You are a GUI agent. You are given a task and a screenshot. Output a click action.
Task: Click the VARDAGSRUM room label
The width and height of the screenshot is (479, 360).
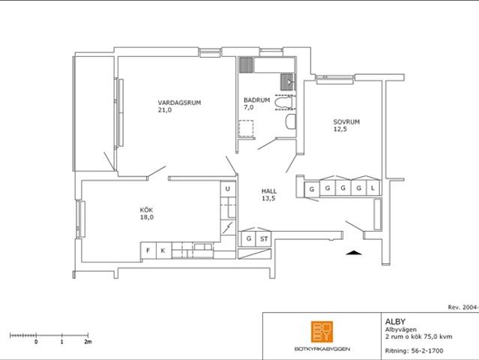tap(179, 102)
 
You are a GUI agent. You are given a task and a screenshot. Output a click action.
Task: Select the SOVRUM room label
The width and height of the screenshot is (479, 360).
tap(347, 121)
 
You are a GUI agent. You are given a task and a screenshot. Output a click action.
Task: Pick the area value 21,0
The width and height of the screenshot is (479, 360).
tap(164, 110)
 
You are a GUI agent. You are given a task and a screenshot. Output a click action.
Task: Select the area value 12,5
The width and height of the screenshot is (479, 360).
tap(340, 129)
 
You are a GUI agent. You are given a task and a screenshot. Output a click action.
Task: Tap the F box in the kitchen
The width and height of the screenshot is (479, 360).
tap(148, 250)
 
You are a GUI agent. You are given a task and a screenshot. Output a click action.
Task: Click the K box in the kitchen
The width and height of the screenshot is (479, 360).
tap(163, 250)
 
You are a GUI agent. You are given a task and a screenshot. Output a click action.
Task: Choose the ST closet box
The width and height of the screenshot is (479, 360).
tap(263, 239)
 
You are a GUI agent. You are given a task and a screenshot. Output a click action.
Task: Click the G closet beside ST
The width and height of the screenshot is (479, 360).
tap(247, 239)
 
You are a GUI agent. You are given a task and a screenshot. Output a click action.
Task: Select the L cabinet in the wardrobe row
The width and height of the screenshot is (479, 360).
tap(373, 189)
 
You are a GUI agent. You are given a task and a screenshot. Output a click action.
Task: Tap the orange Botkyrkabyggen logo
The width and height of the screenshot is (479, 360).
tap(322, 331)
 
